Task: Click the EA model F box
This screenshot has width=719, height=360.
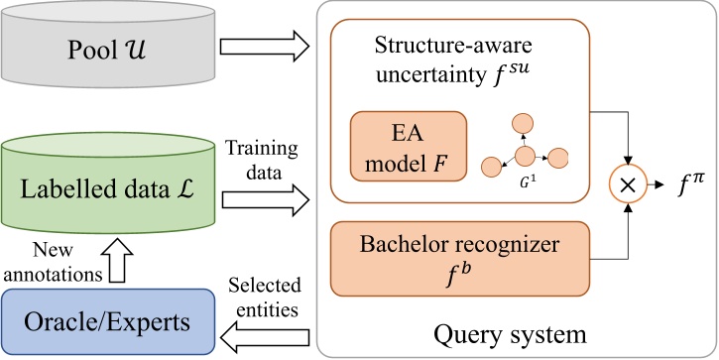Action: [408, 148]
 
